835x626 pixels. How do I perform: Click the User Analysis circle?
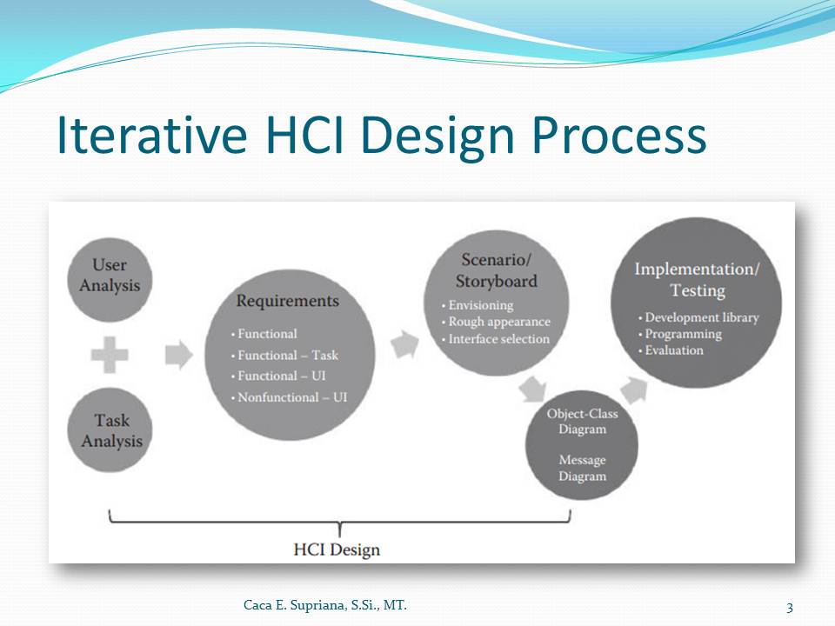110,279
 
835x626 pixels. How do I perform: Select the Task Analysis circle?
110,430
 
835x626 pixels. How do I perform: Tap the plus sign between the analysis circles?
110,355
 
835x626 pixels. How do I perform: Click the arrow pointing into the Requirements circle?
179,355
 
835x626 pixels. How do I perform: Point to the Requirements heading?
288,301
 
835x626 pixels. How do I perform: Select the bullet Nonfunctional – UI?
289,397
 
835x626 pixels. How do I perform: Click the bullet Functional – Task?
285,355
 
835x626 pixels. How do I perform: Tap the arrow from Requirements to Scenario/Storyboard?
404,344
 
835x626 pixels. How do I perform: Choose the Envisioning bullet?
478,305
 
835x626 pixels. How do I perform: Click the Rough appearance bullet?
496,322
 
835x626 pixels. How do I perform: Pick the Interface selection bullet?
495,338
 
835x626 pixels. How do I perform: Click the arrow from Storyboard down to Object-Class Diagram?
532,390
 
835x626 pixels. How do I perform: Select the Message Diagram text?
582,468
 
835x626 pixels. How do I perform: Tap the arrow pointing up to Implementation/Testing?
634,390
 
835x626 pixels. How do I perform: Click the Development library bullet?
698,317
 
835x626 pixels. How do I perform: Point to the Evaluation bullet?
671,350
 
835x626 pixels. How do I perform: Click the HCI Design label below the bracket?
337,549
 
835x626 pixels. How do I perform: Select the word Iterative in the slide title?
151,135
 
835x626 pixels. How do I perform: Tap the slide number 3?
790,608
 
